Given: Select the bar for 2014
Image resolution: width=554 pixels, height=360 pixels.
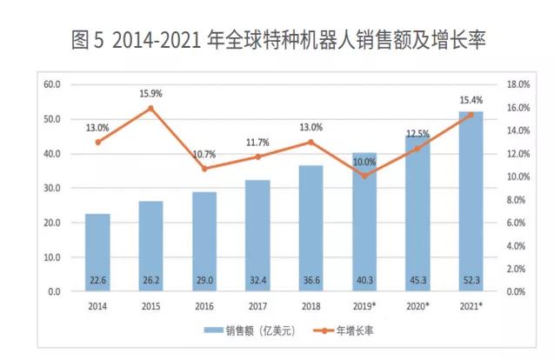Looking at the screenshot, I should pyautogui.click(x=97, y=252).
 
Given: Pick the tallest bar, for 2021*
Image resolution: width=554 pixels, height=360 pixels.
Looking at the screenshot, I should pyautogui.click(x=471, y=200).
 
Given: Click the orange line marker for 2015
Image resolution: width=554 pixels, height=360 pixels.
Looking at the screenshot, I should pyautogui.click(x=150, y=109).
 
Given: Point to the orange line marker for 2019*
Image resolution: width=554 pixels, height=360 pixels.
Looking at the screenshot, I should pyautogui.click(x=364, y=176).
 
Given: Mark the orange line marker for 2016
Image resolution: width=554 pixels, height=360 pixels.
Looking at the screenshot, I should pyautogui.click(x=204, y=168).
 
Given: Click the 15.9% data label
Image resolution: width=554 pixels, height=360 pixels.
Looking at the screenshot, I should pyautogui.click(x=150, y=93).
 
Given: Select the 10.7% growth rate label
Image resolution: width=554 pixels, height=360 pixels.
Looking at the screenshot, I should pyautogui.click(x=204, y=154).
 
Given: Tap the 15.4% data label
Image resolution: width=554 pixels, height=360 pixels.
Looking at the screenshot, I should pyautogui.click(x=471, y=101).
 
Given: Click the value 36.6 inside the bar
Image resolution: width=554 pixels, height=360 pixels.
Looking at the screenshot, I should pyautogui.click(x=310, y=280).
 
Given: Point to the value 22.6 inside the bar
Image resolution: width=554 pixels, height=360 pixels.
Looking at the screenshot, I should pyautogui.click(x=97, y=280).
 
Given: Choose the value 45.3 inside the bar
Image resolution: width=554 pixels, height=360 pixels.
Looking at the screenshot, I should pyautogui.click(x=417, y=280).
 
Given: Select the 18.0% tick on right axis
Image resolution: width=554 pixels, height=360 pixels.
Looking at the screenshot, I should pyautogui.click(x=518, y=84).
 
